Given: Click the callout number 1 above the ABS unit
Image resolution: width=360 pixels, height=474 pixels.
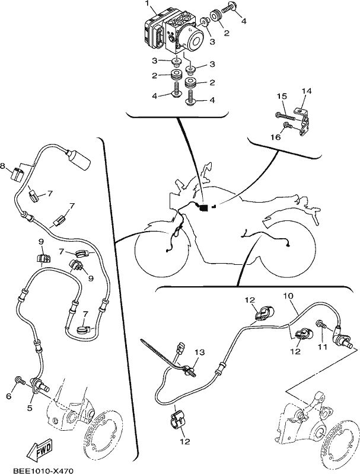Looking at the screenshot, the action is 147,4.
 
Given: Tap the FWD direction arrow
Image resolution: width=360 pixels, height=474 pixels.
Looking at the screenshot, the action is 39,449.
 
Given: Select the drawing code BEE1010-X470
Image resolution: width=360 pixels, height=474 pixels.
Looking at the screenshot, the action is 43,470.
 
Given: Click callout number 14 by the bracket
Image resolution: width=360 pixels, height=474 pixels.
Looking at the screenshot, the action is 307,91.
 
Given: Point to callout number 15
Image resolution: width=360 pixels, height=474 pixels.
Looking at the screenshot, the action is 282,97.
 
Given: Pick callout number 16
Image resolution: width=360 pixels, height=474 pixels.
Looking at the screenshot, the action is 276,137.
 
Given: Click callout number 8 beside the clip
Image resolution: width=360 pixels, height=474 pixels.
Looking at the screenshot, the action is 3,166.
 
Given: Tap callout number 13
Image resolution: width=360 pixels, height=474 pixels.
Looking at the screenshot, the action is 200,352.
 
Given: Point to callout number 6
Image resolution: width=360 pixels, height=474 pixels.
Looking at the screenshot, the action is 8,396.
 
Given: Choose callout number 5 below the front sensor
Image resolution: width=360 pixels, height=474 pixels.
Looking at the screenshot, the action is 29,408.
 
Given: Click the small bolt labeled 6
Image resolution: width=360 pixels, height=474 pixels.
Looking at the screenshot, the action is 19,380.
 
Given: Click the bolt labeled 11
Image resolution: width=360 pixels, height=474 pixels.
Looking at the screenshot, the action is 321,324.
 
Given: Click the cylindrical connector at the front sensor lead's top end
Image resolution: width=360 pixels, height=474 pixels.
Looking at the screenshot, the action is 79,159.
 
